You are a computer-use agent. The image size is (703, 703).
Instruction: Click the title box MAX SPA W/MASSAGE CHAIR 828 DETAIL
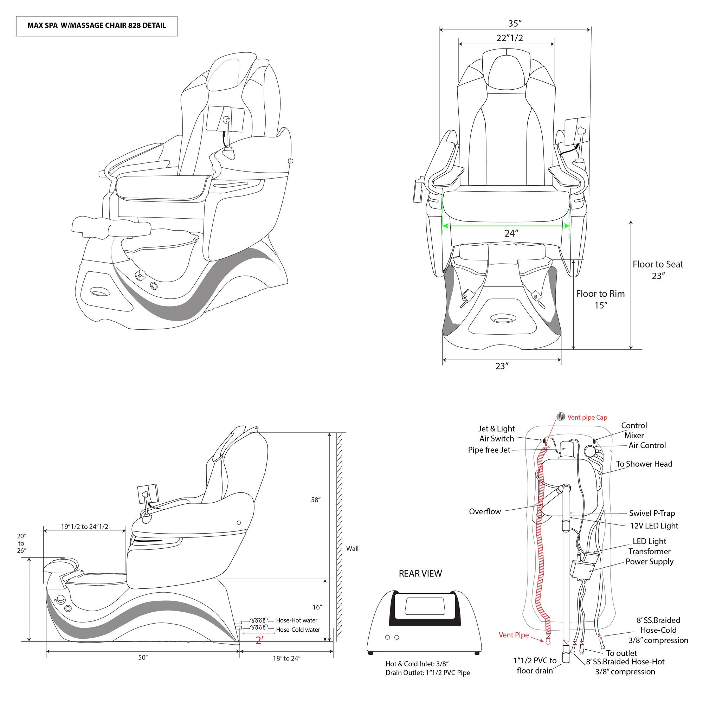pos(96,26)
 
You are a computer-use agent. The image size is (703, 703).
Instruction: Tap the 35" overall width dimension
pos(515,24)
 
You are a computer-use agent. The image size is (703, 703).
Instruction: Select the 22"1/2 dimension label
pos(509,38)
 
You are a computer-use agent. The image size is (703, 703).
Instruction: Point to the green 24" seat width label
pos(511,233)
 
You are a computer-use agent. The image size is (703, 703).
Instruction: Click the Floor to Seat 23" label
pos(658,270)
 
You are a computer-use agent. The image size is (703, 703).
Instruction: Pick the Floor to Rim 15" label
pos(600,299)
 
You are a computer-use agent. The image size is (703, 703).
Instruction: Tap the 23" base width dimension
pos(502,366)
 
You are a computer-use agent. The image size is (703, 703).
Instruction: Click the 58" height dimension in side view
pos(316,500)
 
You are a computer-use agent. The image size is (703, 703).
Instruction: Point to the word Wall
pos(352,548)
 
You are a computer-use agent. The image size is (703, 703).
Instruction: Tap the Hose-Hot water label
pos(297,620)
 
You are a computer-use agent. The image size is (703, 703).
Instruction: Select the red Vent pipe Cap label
pos(587,417)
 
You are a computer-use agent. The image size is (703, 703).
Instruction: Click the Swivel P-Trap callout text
pos(652,513)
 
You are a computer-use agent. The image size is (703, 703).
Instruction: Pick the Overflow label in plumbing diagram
pos(485,511)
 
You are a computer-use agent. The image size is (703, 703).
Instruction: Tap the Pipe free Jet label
pos(489,450)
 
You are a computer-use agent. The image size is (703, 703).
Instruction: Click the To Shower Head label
pos(644,464)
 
